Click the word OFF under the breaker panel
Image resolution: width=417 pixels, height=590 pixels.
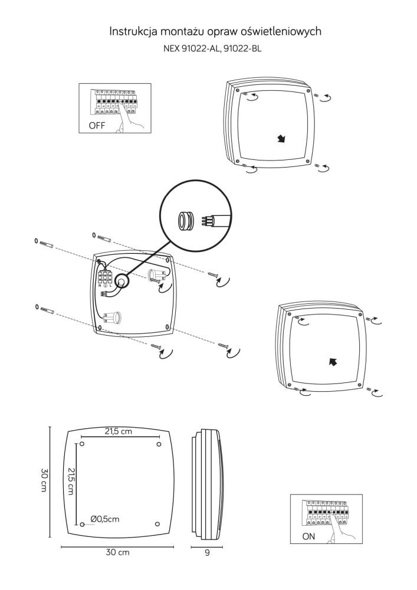(x=97, y=126)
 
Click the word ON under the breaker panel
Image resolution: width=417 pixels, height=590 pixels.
(x=309, y=536)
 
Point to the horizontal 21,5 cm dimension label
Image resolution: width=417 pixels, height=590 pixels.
(x=119, y=432)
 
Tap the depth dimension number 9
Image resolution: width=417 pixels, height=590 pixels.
(x=206, y=553)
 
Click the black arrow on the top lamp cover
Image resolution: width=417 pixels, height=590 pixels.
(x=282, y=139)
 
